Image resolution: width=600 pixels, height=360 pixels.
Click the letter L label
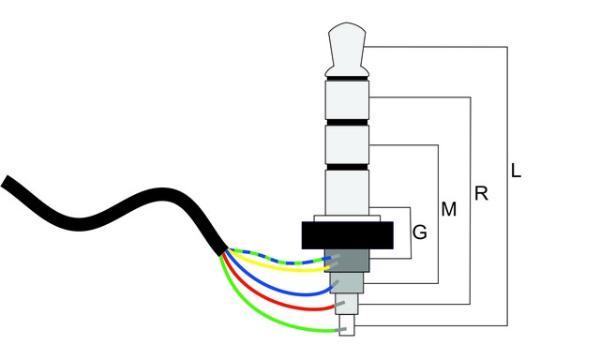tap(516, 171)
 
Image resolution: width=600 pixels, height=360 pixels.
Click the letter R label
tap(481, 193)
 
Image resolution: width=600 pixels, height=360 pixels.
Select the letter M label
tap(449, 209)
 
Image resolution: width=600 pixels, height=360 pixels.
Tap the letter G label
tap(420, 232)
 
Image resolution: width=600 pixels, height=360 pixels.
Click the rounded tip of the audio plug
tap(347, 49)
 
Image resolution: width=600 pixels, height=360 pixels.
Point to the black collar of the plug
tap(348, 235)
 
